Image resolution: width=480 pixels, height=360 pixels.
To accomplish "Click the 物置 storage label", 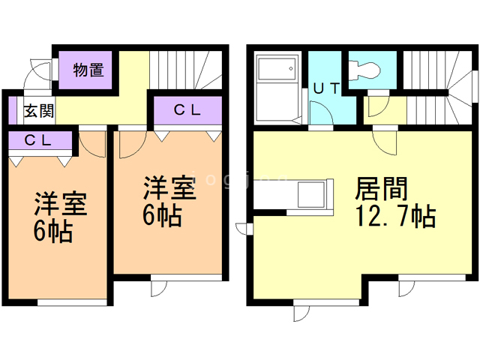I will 88,70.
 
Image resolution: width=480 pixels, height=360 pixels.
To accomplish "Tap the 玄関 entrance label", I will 37,112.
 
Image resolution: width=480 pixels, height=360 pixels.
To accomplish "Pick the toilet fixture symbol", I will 367,70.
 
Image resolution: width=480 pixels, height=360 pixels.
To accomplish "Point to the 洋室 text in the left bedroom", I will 61,203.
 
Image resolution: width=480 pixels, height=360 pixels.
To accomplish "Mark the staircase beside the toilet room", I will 436,86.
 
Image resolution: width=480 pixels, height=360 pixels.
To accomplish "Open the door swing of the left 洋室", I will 92,142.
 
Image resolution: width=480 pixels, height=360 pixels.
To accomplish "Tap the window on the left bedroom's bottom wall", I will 61,303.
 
